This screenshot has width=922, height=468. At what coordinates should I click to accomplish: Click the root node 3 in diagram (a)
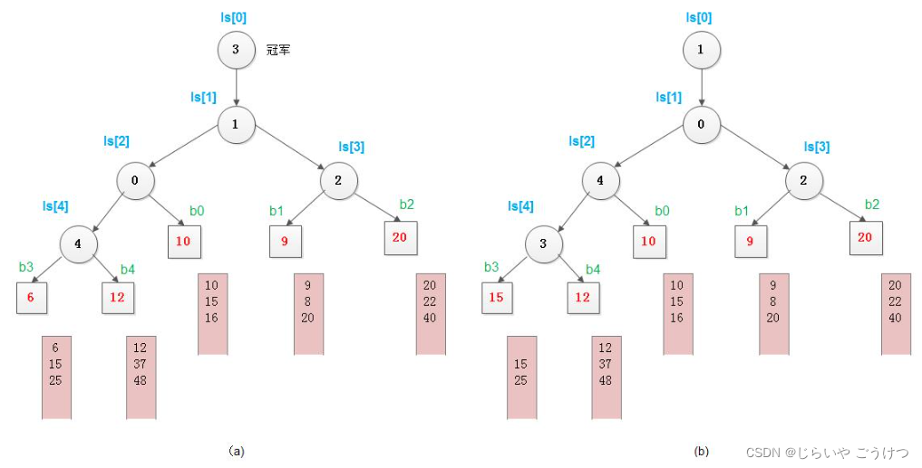pyautogui.click(x=236, y=50)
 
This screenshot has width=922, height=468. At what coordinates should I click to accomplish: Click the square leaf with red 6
pyautogui.click(x=32, y=298)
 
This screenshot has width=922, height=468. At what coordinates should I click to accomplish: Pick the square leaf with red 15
pyautogui.click(x=497, y=298)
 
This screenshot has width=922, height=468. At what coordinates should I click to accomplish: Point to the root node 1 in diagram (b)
pyautogui.click(x=701, y=50)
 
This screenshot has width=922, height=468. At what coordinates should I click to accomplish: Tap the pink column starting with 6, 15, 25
pyautogui.click(x=56, y=377)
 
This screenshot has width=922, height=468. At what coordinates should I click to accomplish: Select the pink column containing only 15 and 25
pyautogui.click(x=521, y=377)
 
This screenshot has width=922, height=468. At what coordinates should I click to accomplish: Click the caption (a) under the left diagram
pyautogui.click(x=237, y=450)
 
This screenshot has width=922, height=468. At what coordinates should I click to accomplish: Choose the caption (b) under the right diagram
pyautogui.click(x=702, y=450)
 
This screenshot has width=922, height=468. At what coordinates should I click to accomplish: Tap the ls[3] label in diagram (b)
pyautogui.click(x=818, y=146)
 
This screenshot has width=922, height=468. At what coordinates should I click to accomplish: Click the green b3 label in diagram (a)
pyautogui.click(x=26, y=267)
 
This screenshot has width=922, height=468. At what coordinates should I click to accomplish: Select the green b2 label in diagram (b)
pyautogui.click(x=871, y=204)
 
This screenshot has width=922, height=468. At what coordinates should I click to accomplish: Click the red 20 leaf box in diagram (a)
pyautogui.click(x=400, y=237)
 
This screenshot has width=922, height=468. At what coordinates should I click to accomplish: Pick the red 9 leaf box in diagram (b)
pyautogui.click(x=751, y=242)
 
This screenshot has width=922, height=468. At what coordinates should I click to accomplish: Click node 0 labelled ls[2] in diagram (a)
pyautogui.click(x=134, y=180)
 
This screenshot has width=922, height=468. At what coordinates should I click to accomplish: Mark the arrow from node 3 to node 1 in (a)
pyautogui.click(x=236, y=88)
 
